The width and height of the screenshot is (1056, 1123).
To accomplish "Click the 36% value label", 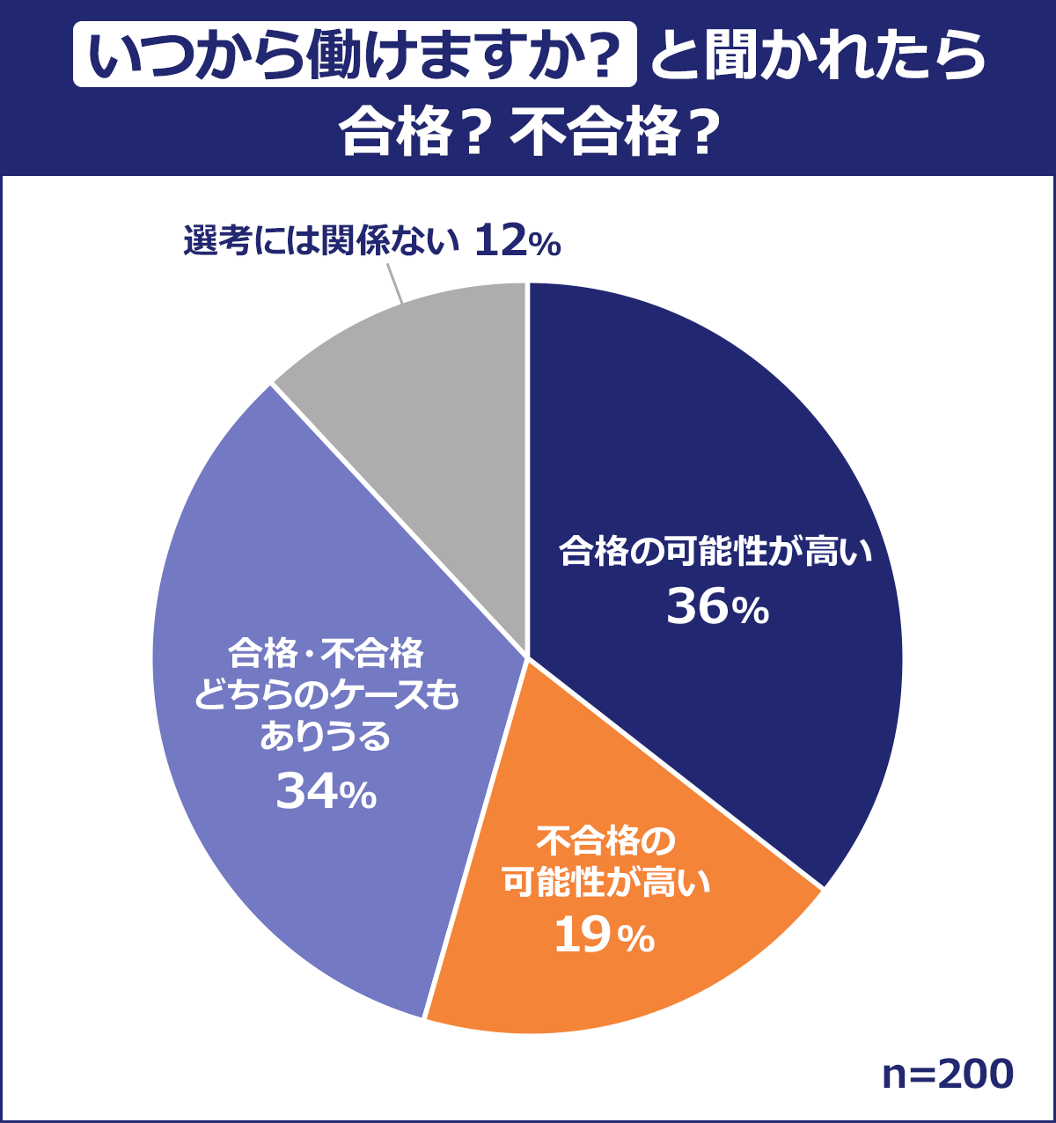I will pos(717,607).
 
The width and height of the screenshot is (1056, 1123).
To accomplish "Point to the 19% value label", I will pos(605,936).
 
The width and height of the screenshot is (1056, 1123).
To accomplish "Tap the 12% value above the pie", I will pos(517,240).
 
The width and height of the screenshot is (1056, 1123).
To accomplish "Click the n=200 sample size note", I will pos(948,1074).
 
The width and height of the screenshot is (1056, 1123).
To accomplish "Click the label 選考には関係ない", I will pos(322,240).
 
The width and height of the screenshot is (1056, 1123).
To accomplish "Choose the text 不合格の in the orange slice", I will pos(605,841).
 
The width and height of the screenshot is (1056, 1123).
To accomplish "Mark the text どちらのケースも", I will pos(326,697).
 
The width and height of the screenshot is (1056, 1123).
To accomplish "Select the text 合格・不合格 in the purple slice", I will pos(326,655).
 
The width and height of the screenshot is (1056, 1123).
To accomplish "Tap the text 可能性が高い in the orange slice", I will pos(605,883).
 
